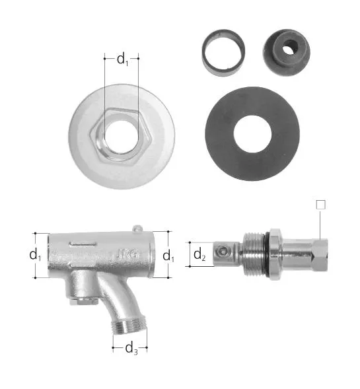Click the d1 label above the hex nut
pos(123,59)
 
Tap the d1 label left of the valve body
pos(35,255)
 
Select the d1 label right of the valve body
pos(168,256)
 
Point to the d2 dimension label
pos(199,254)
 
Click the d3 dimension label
pos(131,348)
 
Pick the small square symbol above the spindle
pos(320,205)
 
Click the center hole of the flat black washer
pos(252,133)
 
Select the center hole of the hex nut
pos(122,137)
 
